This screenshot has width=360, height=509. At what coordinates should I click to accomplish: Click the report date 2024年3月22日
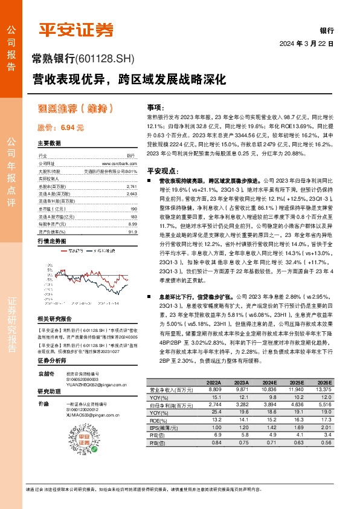pyautogui.click(x=307, y=44)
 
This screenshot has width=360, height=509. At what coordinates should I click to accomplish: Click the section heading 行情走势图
pyautogui.click(x=51, y=241)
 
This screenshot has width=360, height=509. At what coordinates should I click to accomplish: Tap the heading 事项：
pyautogui.click(x=157, y=106)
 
